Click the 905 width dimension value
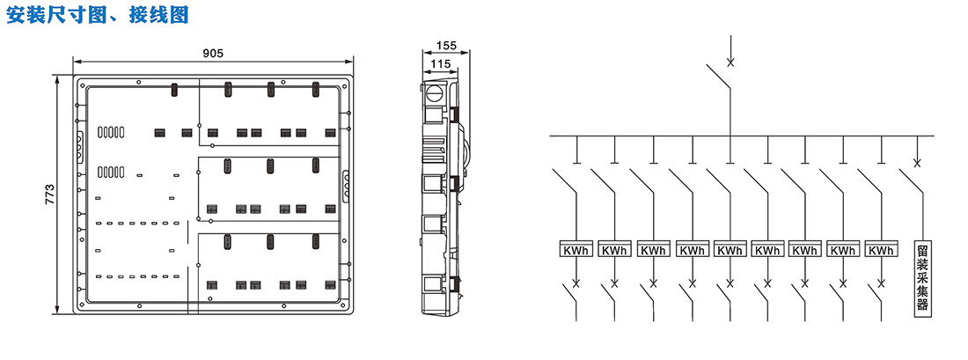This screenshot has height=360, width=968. (x=213, y=53)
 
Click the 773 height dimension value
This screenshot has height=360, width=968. (x=51, y=195)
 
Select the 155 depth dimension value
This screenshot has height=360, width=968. (x=446, y=45)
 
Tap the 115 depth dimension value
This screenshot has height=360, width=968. (x=440, y=63)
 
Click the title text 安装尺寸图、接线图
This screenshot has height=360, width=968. (x=98, y=14)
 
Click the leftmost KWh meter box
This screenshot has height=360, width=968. (x=576, y=249)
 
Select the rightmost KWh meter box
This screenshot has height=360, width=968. (x=881, y=249)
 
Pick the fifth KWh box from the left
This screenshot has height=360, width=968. (x=730, y=249)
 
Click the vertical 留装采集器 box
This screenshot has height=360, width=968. (x=923, y=278)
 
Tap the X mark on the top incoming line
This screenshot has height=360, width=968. (x=730, y=62)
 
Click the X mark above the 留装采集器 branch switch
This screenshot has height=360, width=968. (x=917, y=163)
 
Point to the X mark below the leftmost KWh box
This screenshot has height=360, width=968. (x=576, y=283)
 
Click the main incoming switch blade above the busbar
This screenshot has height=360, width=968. (x=719, y=76)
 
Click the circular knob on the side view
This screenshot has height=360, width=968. (x=435, y=94)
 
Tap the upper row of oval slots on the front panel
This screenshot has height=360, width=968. (x=111, y=132)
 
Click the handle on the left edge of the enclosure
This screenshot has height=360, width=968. (x=79, y=146)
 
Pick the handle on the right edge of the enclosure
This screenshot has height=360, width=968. (x=346, y=184)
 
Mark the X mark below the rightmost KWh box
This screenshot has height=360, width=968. (x=881, y=283)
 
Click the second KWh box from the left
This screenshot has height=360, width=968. (x=614, y=249)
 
